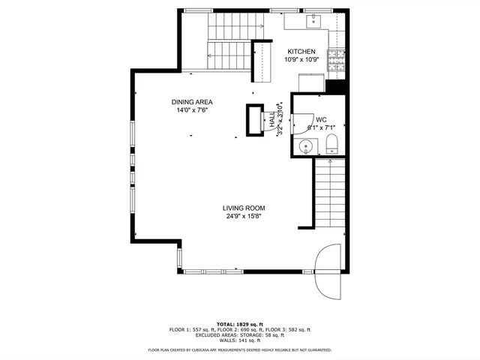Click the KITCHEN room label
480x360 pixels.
[301, 51]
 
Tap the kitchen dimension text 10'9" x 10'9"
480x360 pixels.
[301, 60]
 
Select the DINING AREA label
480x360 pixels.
[192, 101]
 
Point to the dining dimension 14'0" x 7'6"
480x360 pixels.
[192, 110]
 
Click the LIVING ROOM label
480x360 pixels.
[244, 208]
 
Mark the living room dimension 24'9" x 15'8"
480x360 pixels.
[244, 217]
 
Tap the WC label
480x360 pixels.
[321, 119]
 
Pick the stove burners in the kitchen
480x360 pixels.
[337, 61]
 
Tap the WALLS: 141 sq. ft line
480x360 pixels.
[240, 340]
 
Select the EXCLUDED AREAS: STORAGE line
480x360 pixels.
[240, 334]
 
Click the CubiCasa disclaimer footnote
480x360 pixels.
[240, 349]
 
